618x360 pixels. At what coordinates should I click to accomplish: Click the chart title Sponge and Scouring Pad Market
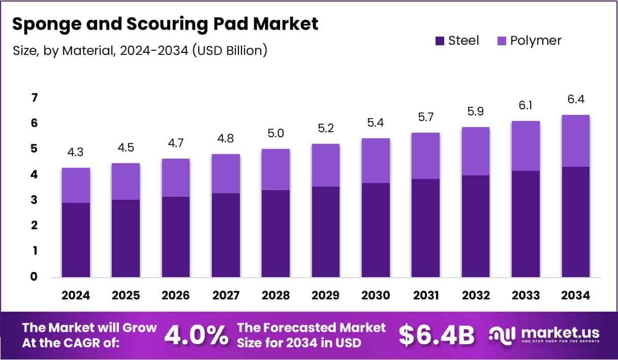tap(165, 24)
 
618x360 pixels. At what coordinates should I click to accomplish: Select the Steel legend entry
tap(457, 41)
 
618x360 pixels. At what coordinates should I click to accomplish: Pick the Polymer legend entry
tap(529, 41)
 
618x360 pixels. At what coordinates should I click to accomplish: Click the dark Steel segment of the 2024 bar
tap(76, 239)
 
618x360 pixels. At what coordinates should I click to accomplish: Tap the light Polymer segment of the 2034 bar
tap(575, 141)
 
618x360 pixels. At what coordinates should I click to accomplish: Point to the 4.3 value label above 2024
tap(76, 152)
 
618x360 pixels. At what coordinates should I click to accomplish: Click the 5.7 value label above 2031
tap(425, 117)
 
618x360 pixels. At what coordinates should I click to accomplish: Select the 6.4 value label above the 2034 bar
tap(575, 100)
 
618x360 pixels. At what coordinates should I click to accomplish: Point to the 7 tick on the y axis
tap(34, 98)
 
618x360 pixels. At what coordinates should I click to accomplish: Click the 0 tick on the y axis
tap(34, 277)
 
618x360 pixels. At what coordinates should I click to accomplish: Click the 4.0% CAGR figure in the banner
tap(196, 335)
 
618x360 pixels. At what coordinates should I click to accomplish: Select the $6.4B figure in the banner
tap(437, 335)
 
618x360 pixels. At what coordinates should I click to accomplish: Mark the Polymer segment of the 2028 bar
tap(275, 169)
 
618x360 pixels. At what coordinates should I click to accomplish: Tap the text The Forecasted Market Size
tap(312, 335)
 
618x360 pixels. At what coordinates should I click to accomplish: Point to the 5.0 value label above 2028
tap(275, 134)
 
